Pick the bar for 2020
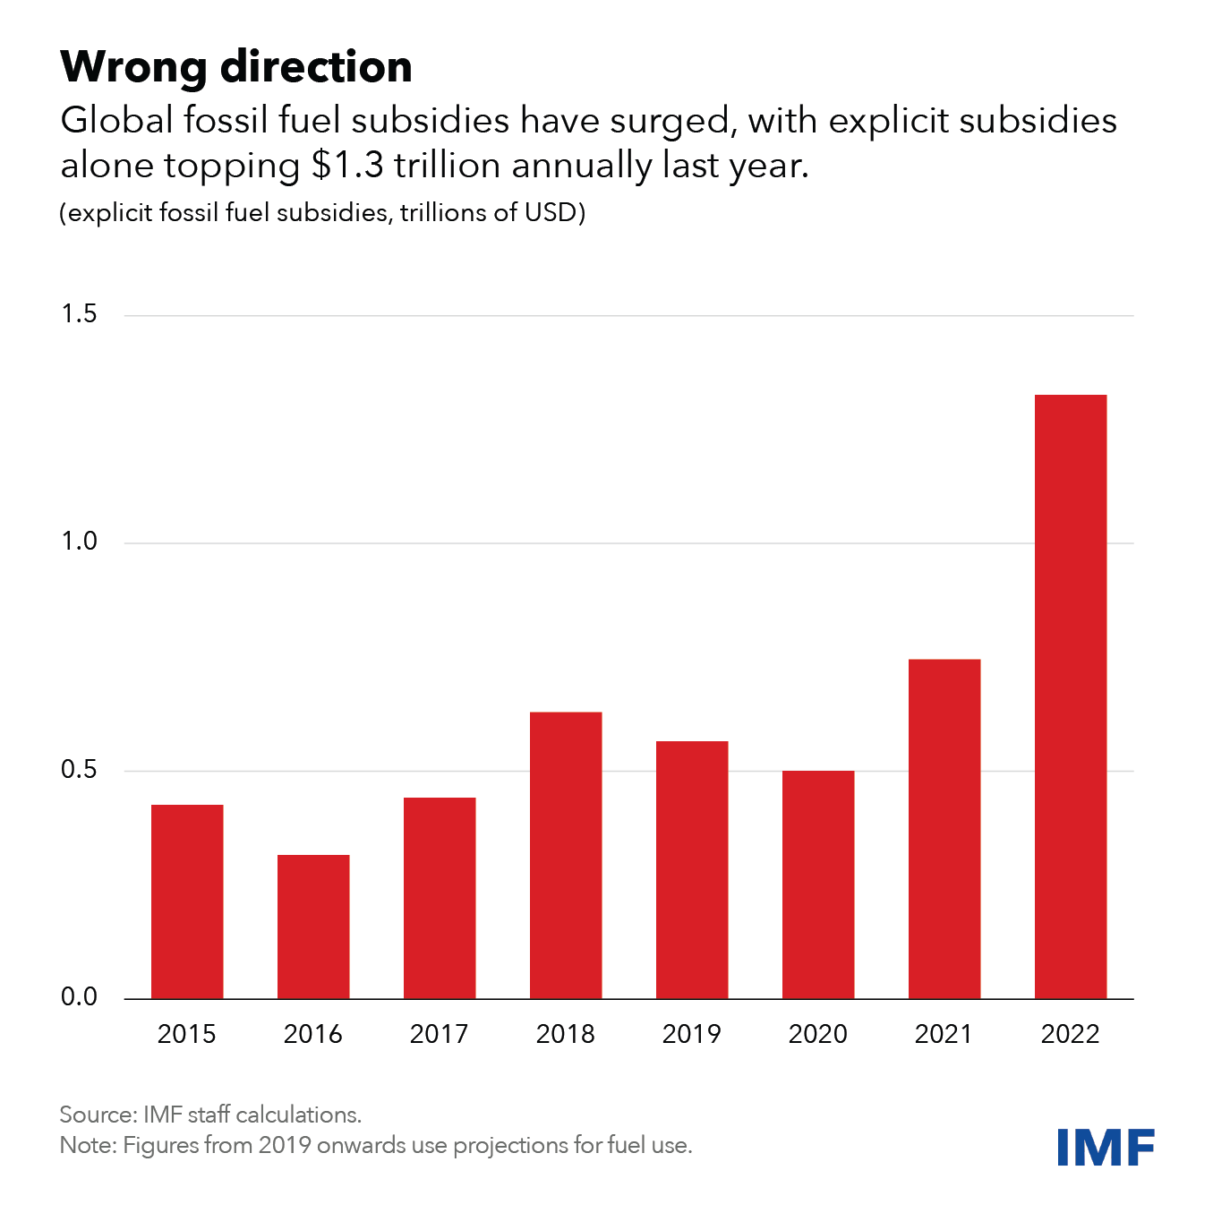[818, 884]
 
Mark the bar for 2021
[944, 828]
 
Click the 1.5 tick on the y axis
[79, 314]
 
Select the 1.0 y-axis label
[79, 542]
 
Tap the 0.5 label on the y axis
[79, 770]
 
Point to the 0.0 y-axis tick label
[79, 997]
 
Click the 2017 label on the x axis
[439, 1035]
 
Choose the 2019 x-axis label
[691, 1035]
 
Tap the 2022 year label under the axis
[1070, 1035]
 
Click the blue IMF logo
[1106, 1147]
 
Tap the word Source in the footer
[96, 1115]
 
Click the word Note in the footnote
[85, 1145]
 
